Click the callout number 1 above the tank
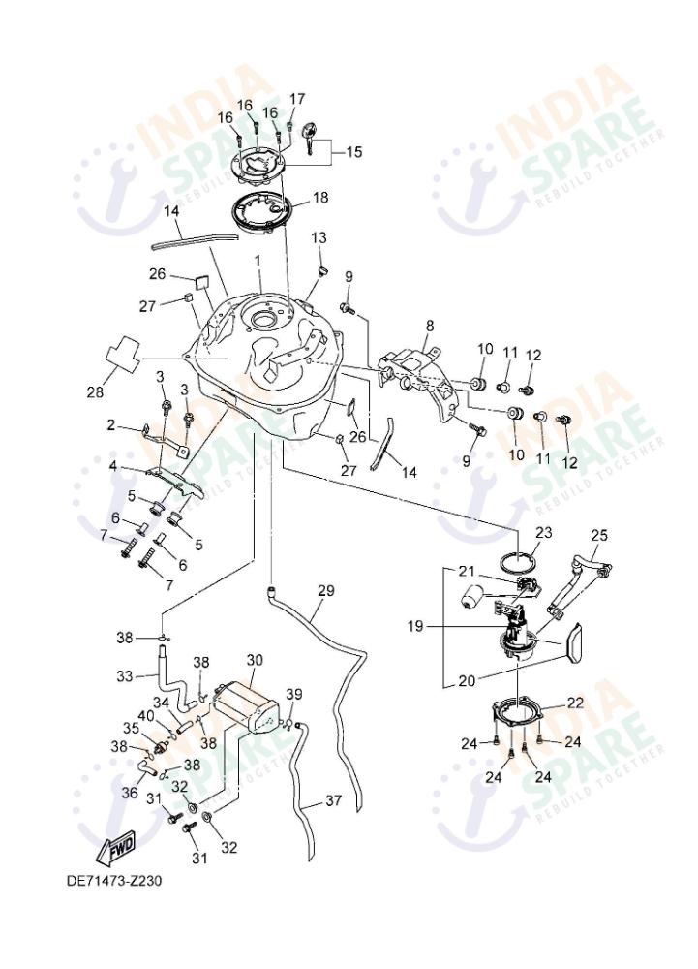pos(258,261)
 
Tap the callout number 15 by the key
pos(353,152)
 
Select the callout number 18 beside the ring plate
pos(319,197)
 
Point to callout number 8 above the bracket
pos(429,327)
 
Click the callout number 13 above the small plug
pos(319,237)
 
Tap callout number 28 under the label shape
pos(95,392)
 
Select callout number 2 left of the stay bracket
pos(111,424)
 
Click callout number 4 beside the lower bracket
pos(114,466)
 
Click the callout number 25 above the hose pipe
pos(599,534)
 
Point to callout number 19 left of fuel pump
pos(415,626)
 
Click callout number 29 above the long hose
pos(325,590)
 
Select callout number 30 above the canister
pos(255,660)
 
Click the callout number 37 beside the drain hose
pos(333,800)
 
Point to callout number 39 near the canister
pos(294,695)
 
